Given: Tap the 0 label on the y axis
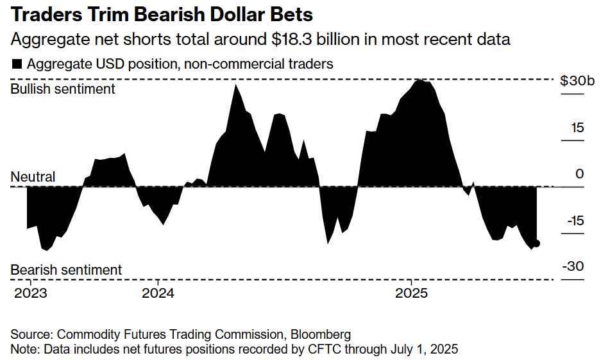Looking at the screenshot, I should point(580,174).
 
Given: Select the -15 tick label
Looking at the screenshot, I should point(575,221).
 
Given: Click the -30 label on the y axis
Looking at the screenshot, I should point(575,267).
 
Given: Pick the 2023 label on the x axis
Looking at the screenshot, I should point(30,293).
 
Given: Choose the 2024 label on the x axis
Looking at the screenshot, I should point(158,293).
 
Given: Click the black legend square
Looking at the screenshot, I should point(17,64).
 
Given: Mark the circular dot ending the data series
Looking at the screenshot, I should point(537,243).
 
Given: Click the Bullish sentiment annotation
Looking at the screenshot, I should point(63,89).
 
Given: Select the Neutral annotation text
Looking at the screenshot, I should point(33,176).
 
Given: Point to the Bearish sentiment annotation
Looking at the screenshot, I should point(66,270).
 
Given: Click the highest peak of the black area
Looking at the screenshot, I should point(420,80).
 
